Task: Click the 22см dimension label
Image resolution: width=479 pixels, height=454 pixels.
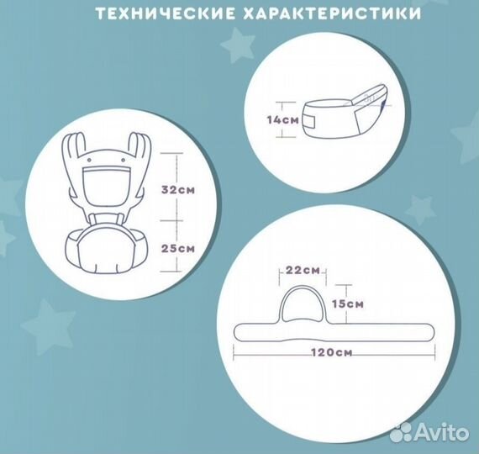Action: click(x=302, y=270)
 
